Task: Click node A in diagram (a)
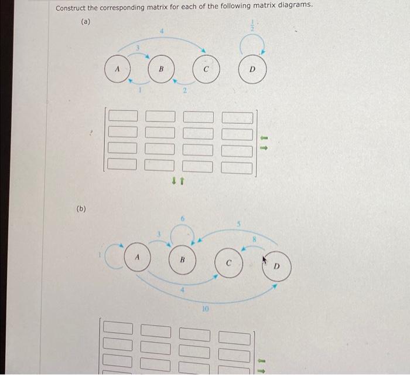pyautogui.click(x=118, y=70)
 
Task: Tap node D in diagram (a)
pyautogui.click(x=252, y=69)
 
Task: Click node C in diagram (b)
pyautogui.click(x=229, y=262)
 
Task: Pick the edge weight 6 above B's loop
pyautogui.click(x=182, y=218)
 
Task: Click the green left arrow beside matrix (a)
pyautogui.click(x=264, y=138)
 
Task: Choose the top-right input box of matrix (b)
pyautogui.click(x=235, y=338)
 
